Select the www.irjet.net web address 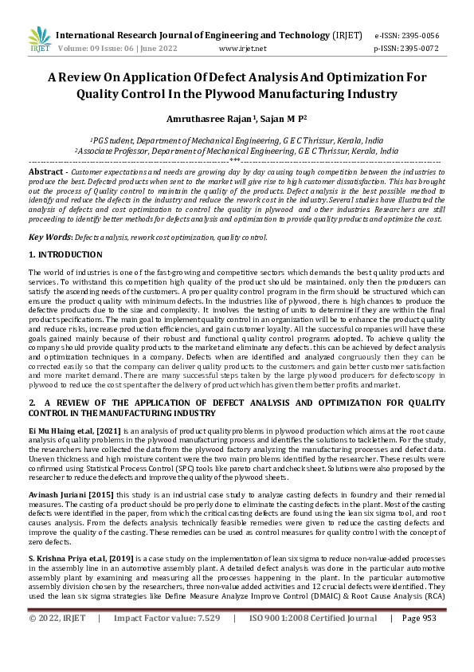(x=242, y=48)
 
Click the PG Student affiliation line (x=237, y=140)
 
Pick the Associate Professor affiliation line (x=237, y=150)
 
